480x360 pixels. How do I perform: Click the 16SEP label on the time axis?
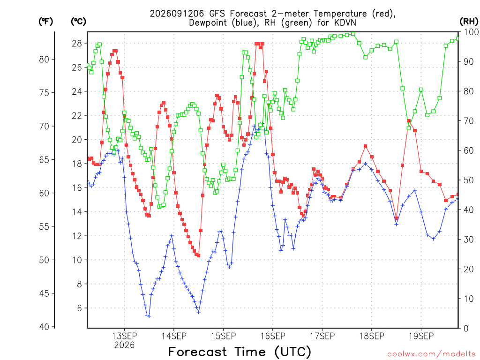point(272,336)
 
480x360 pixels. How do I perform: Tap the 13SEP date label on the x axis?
point(124,336)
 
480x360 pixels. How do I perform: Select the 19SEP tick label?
point(421,336)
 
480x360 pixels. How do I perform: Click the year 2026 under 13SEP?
point(124,345)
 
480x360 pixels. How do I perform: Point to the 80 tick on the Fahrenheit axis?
point(44,60)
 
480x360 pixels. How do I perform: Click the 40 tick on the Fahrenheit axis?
point(44,327)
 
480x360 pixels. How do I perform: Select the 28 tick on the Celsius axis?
point(77,44)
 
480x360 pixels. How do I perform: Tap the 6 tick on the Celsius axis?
point(79,308)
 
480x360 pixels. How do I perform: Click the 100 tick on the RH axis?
point(471,32)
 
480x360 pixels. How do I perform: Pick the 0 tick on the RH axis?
point(466,329)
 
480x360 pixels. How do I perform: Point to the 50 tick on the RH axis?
point(468,180)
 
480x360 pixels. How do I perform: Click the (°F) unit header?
point(45,22)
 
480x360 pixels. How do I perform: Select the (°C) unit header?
point(78,22)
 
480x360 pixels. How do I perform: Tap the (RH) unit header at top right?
point(469,22)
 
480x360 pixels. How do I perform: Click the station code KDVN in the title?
point(344,23)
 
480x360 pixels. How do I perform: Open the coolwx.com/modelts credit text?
point(431,354)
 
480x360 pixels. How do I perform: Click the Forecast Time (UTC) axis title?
point(240,352)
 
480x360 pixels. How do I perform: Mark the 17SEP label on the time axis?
point(322,336)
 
